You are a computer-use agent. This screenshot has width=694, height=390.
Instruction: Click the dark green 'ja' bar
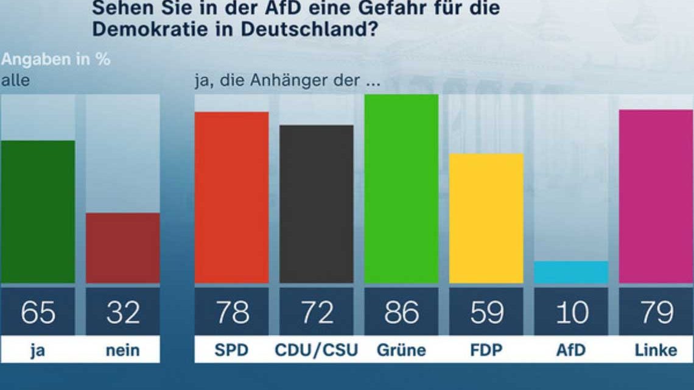(x=38, y=211)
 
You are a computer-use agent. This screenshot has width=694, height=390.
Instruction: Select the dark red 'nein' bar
(x=122, y=247)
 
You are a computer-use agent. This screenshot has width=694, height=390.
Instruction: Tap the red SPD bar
(x=231, y=197)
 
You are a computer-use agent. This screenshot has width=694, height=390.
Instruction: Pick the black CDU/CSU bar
(x=316, y=204)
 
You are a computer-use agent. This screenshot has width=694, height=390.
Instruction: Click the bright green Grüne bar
(x=401, y=189)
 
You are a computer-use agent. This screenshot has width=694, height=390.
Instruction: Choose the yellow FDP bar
(x=486, y=218)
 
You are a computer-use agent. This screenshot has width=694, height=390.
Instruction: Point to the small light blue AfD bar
(x=571, y=272)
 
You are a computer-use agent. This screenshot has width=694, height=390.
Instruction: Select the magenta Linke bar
(x=656, y=196)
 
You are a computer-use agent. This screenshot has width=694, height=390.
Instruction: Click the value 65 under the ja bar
(x=38, y=313)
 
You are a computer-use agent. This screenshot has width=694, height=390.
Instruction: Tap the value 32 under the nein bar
(x=122, y=313)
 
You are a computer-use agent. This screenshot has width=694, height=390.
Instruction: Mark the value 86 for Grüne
(x=401, y=313)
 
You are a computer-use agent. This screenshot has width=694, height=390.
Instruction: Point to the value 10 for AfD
(x=571, y=313)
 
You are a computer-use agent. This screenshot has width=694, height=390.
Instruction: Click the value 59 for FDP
(x=486, y=313)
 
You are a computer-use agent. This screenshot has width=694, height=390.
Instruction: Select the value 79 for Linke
(x=656, y=313)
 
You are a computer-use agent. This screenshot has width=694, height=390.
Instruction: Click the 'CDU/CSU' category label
(x=316, y=350)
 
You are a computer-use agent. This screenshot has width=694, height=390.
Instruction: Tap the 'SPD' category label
(x=231, y=350)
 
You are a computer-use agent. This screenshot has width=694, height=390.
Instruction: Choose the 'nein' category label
(x=122, y=350)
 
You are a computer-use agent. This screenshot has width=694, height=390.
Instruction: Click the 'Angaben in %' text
(x=55, y=60)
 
